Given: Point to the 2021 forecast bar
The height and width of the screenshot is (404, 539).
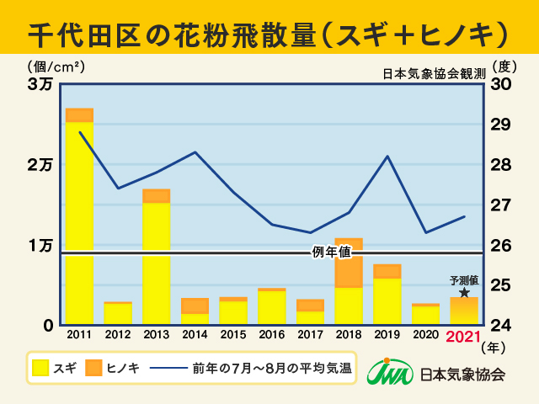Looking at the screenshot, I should [x=464, y=311].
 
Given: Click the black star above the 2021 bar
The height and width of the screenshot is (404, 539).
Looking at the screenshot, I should [x=464, y=292].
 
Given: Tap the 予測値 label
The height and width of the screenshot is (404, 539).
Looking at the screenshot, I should [x=464, y=279].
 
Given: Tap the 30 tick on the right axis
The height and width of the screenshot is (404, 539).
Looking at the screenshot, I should [x=500, y=85].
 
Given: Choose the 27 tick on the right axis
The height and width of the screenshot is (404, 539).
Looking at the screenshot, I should [x=500, y=205].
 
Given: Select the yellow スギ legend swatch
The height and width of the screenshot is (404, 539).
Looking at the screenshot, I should [x=40, y=368].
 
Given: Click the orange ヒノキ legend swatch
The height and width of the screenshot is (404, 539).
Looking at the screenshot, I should [x=94, y=368].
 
